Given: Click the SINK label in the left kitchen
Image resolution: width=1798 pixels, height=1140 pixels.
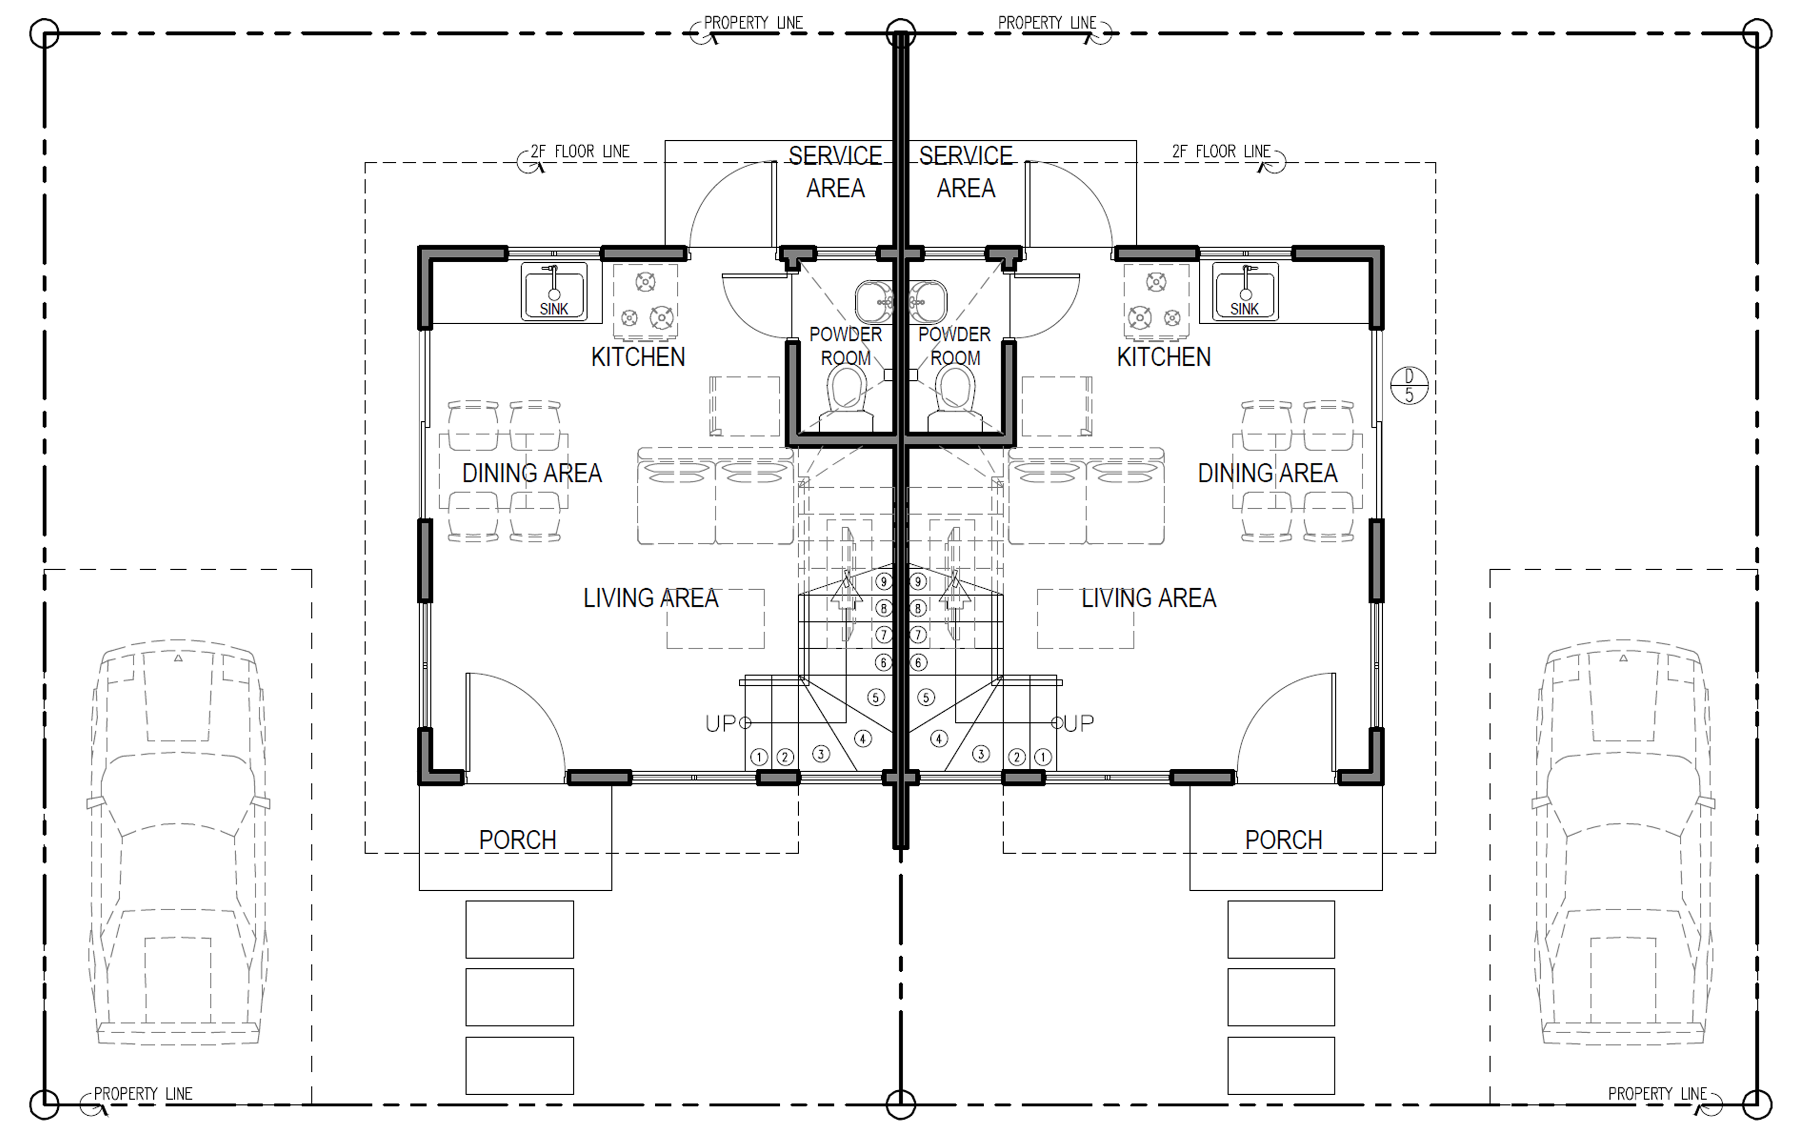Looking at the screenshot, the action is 554,309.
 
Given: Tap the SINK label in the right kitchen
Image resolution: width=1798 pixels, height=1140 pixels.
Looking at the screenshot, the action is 1245,309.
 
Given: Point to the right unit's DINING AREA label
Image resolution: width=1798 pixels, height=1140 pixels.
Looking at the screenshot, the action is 1267,473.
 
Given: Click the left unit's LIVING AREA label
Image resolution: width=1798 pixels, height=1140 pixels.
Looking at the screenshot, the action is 650,598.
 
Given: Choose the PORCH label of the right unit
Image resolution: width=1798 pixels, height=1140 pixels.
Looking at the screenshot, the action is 1284,839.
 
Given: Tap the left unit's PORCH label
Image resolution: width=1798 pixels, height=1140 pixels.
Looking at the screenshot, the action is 517,839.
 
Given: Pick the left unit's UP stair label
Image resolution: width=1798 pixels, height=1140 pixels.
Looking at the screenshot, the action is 720,723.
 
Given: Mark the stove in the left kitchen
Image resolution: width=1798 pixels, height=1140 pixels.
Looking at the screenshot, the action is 645,303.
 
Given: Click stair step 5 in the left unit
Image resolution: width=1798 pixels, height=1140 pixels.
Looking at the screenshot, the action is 876,697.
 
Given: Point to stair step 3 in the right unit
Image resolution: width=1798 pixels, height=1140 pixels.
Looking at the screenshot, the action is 980,754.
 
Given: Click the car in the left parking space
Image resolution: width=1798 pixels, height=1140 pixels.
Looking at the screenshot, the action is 178,842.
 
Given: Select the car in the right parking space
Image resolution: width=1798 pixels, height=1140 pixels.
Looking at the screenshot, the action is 1623,842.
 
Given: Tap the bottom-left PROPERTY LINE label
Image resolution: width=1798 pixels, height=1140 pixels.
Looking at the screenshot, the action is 142,1094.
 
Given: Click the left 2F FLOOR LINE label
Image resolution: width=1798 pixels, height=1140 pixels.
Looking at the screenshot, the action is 580,152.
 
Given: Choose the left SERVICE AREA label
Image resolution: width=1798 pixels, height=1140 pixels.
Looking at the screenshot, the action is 835,172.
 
